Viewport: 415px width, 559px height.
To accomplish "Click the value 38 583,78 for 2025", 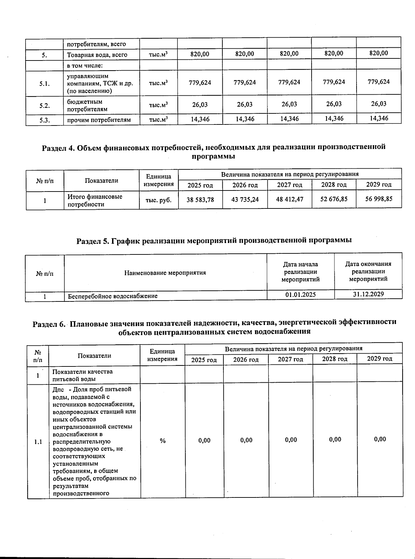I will pos(200,200).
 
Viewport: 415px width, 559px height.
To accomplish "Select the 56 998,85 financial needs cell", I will pos(379,199).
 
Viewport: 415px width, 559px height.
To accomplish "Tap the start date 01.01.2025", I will pos(300,295).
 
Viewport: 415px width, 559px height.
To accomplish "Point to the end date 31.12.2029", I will pos(368,294).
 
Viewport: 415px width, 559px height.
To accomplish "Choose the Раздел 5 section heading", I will pos(214,240).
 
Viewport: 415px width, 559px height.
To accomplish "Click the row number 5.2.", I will pos(44,106).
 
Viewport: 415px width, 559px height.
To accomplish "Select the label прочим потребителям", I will pos(99,120).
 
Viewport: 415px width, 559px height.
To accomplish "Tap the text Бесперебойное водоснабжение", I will pos(113,296).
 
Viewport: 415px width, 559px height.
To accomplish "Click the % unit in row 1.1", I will pos(163,441).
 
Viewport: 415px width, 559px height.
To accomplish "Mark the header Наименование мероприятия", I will pos(165,273).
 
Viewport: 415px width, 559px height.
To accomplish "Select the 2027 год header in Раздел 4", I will pos(289,185).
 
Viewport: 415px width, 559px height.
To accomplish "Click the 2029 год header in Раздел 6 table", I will pos(379,358).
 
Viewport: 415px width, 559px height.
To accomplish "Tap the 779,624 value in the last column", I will pos(379,82).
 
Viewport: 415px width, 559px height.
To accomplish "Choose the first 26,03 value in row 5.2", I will pos(200,105).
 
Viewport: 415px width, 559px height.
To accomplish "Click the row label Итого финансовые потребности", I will pos(95,200).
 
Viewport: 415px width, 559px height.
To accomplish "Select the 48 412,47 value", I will pos(289,199).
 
